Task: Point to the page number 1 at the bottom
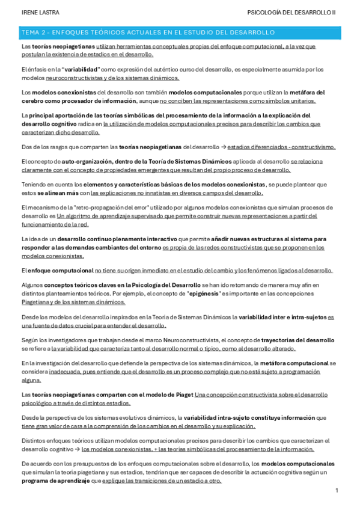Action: (337, 491)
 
